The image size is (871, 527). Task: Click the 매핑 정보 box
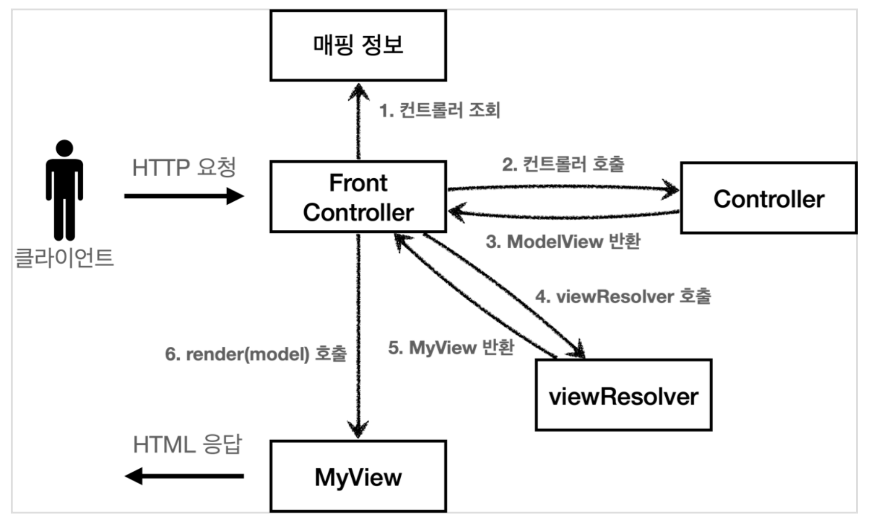(x=358, y=45)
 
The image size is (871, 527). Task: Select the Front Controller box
(x=358, y=197)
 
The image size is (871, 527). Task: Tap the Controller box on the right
(x=768, y=199)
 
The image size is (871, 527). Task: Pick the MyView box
(x=358, y=477)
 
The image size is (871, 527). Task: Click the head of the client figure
(x=64, y=148)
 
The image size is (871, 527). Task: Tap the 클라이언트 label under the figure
(x=64, y=257)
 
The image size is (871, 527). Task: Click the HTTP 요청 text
(x=184, y=167)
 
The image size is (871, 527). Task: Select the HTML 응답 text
(x=187, y=445)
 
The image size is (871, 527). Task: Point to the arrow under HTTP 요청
(x=184, y=196)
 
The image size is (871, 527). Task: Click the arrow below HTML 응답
(x=184, y=476)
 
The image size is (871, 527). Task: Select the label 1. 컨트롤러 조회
(x=440, y=110)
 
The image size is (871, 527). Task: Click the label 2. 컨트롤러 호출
(x=563, y=164)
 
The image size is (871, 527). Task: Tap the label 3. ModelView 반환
(x=563, y=242)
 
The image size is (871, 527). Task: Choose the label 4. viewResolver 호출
(x=623, y=297)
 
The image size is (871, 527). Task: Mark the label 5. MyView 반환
(x=451, y=348)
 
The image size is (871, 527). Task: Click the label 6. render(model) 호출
(x=256, y=354)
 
